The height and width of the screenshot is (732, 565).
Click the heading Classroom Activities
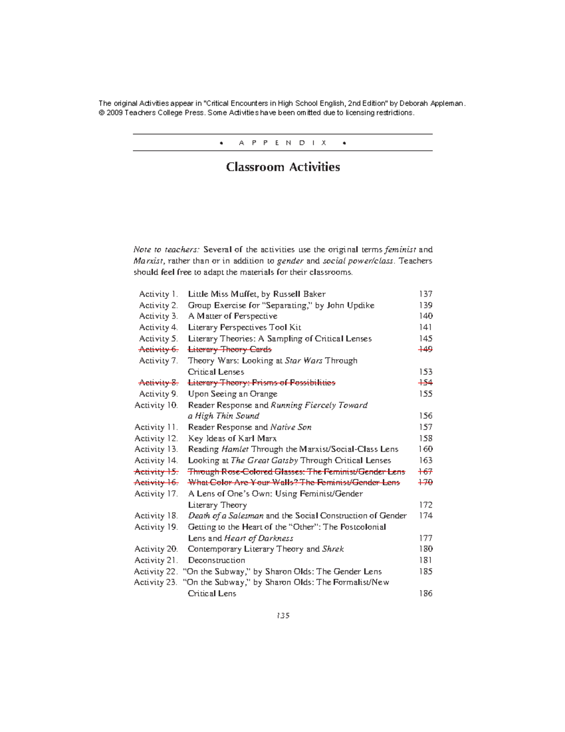click(282, 167)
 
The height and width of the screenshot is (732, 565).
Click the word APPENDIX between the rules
click(282, 142)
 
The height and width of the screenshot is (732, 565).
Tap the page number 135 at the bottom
click(282, 616)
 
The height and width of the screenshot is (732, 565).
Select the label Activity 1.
click(158, 294)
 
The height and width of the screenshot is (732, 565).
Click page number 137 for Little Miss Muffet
click(426, 294)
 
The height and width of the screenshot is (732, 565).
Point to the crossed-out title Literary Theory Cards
click(230, 349)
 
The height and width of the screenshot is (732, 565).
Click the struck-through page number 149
click(426, 349)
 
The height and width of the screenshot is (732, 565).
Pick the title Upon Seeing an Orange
click(233, 394)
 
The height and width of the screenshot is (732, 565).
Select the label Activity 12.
click(156, 438)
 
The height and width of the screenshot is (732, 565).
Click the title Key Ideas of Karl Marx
click(232, 438)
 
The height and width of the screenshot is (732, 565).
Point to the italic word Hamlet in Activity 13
click(235, 449)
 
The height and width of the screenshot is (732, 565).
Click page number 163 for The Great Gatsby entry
click(426, 461)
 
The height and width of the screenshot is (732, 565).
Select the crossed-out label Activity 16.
click(156, 483)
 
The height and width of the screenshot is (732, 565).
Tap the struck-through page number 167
click(426, 471)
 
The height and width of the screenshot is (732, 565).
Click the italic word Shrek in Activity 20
click(333, 549)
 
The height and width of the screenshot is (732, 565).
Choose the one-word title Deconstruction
click(216, 560)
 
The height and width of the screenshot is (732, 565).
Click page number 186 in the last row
click(426, 593)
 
